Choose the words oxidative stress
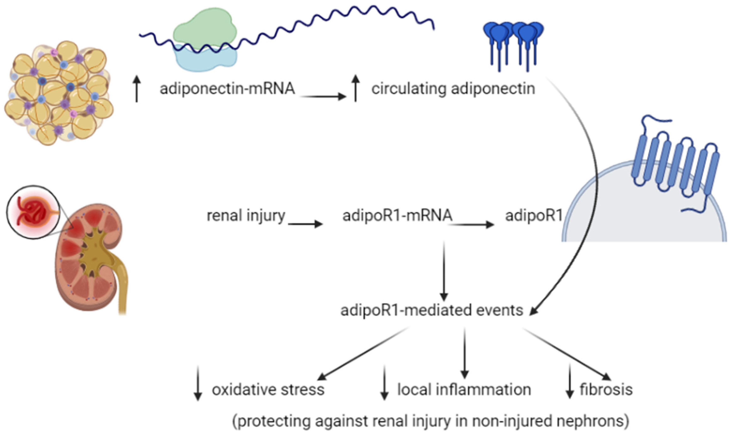[268, 389]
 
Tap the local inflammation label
[464, 389]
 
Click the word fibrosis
[606, 389]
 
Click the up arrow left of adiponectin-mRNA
[137, 88]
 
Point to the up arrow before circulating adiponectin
[356, 88]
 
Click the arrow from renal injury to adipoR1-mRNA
[305, 224]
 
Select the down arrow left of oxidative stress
[198, 383]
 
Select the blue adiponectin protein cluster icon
[513, 46]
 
